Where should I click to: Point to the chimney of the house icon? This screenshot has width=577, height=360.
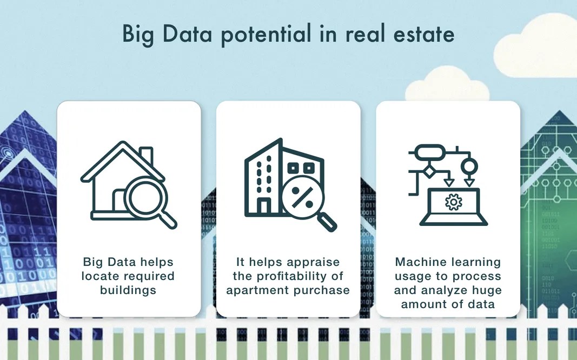click(146, 156)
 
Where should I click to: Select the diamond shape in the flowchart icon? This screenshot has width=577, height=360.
click(429, 172)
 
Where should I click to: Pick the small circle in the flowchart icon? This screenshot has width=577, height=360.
click(469, 165)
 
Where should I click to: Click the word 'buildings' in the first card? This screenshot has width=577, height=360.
click(128, 290)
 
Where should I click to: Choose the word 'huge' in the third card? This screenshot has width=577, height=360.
click(487, 290)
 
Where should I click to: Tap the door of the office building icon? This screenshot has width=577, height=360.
click(264, 206)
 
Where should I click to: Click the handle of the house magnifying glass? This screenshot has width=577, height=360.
click(168, 220)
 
